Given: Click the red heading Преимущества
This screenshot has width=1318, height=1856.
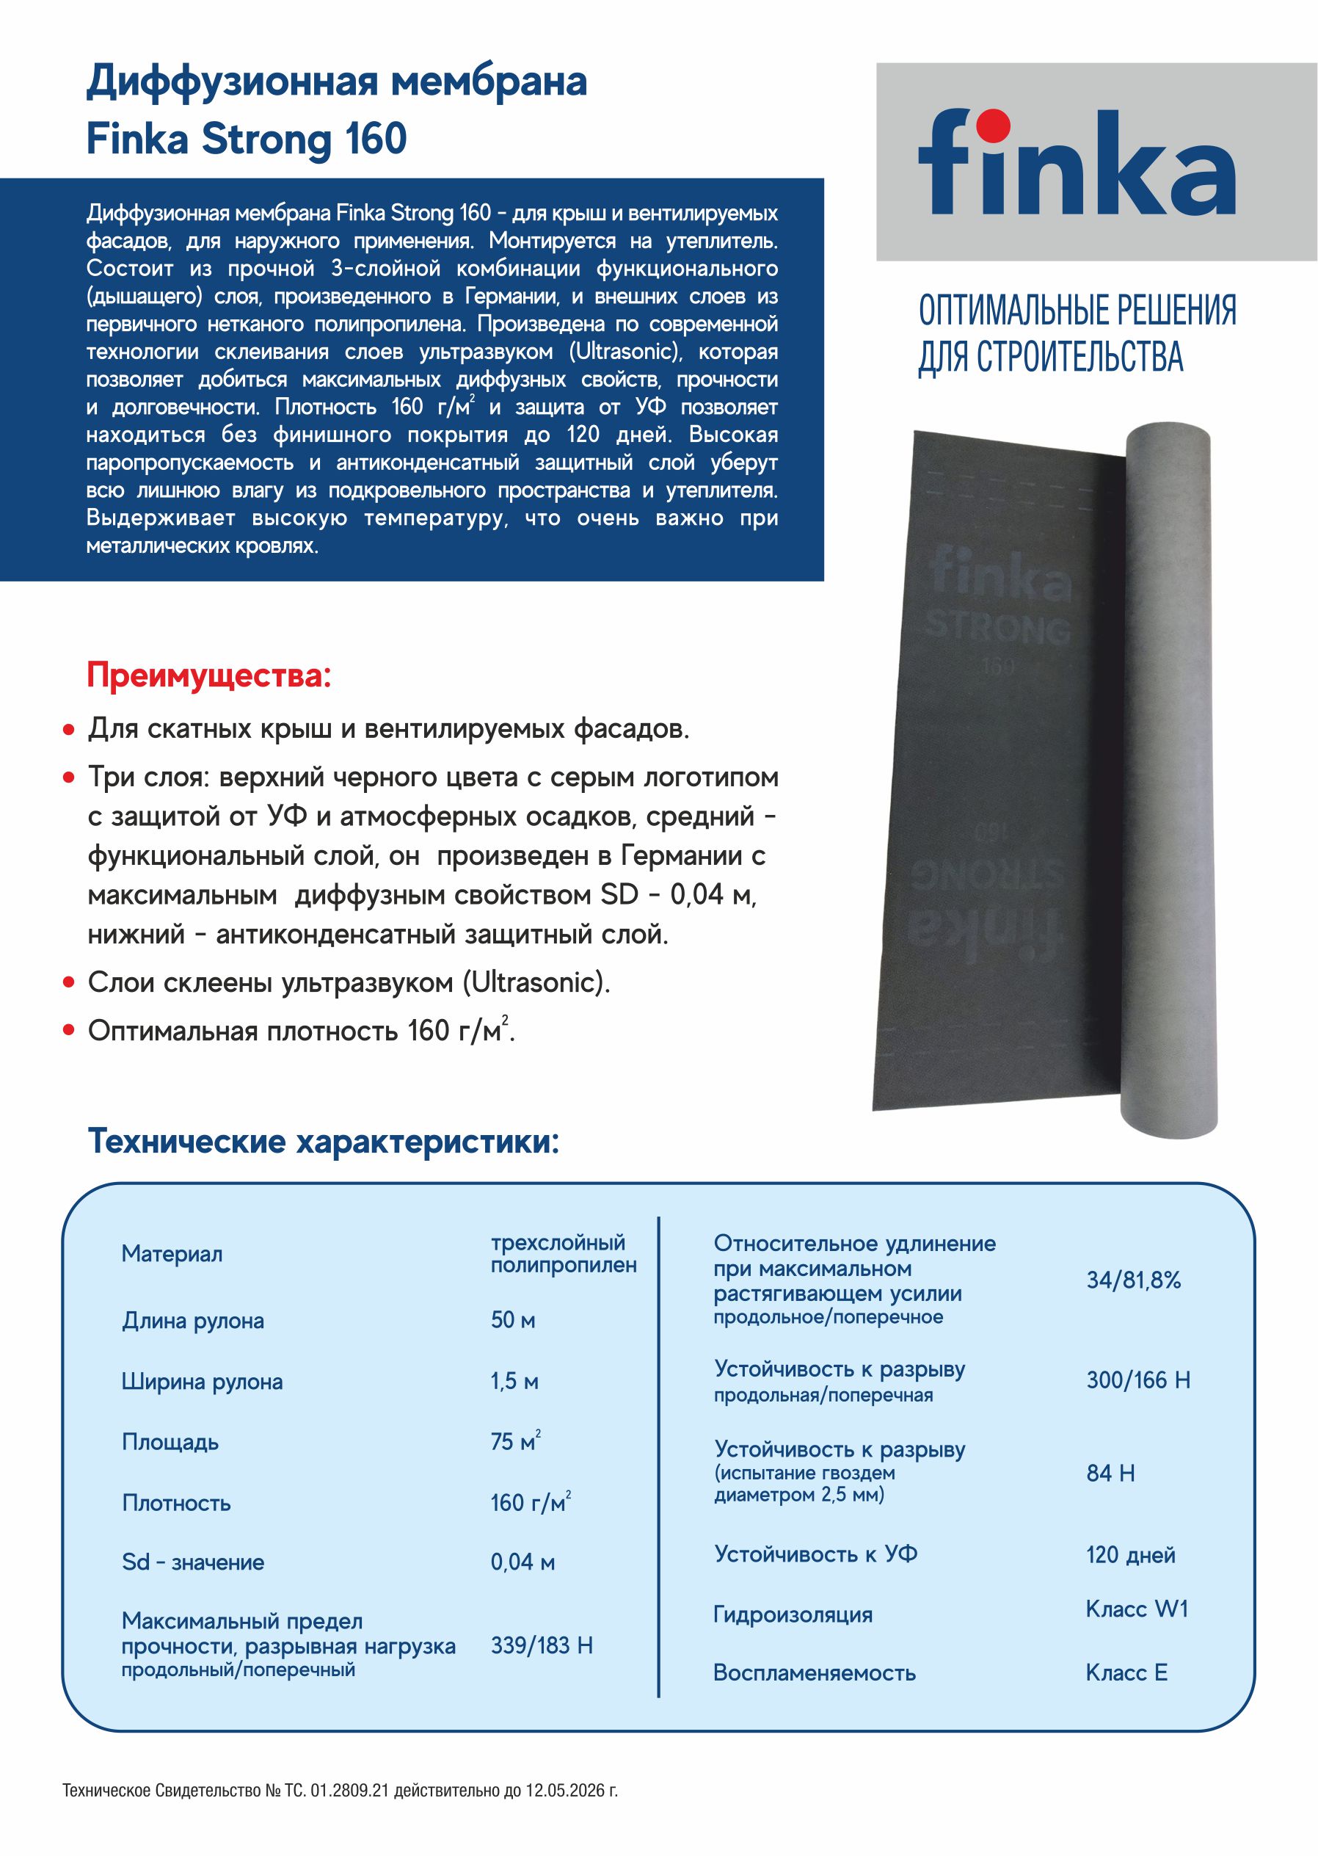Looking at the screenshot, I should (x=209, y=676).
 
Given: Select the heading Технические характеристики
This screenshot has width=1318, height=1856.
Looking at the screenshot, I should (x=323, y=1142).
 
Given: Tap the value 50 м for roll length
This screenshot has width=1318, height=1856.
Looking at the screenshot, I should (x=513, y=1321).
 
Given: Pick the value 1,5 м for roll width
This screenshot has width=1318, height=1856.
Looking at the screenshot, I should (x=514, y=1382).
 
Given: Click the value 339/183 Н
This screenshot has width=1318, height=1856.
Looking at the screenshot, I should (x=542, y=1646).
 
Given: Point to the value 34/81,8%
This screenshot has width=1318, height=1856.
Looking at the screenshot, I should (x=1134, y=1281).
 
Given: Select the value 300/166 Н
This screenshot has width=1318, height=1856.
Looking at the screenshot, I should (x=1137, y=1380).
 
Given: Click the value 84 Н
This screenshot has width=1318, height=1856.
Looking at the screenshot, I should (x=1110, y=1473).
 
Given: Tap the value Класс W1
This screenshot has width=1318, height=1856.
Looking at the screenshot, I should (x=1136, y=1609).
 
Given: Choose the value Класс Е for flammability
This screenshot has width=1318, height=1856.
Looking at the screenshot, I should (x=1126, y=1672).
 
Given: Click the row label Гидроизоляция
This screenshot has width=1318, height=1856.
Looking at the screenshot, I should (x=793, y=1615).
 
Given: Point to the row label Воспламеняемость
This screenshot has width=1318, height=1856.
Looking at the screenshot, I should (x=814, y=1673).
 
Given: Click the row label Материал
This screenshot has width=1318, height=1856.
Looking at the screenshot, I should (x=172, y=1255).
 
